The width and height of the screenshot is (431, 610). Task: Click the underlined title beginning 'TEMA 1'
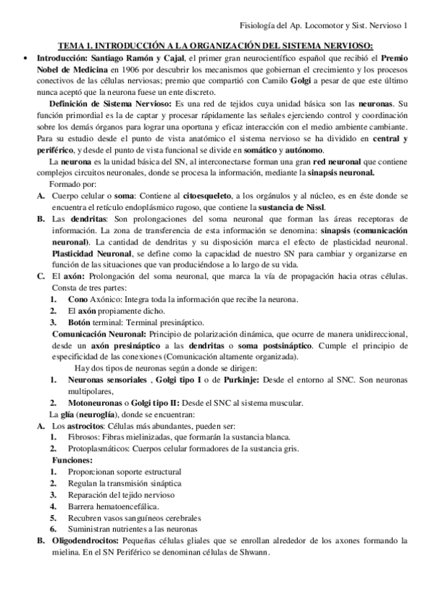(215, 46)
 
